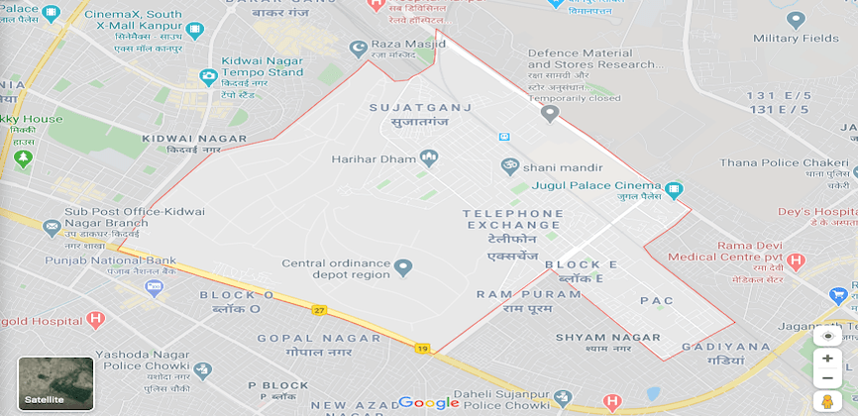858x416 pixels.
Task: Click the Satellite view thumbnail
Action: [55, 383]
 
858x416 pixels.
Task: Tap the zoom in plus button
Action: [827, 359]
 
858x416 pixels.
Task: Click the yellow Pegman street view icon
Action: [827, 401]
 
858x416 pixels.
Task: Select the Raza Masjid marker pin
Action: [358, 47]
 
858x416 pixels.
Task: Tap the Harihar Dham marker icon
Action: [429, 157]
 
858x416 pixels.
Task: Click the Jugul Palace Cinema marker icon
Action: [674, 188]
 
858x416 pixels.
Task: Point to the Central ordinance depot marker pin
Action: [403, 267]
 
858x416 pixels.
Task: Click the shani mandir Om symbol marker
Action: [510, 165]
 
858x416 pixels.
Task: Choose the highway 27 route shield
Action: [319, 310]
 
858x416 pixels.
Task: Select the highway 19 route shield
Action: [423, 349]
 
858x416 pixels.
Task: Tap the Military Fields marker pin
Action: [795, 20]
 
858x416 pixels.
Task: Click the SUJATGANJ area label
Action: [420, 107]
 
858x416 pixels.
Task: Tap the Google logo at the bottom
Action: [429, 402]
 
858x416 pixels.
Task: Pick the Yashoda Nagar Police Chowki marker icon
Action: [202, 369]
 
